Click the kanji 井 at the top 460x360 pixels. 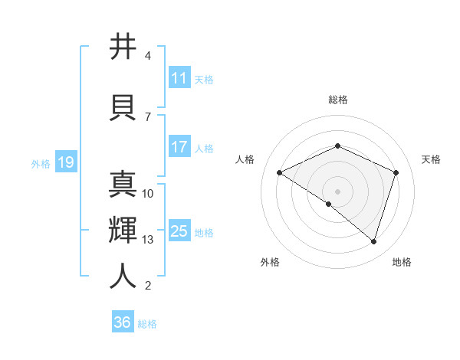click(123, 47)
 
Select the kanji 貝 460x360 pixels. click(123, 107)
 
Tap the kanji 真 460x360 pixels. click(123, 183)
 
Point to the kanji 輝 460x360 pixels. click(123, 230)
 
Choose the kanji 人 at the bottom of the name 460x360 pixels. click(123, 276)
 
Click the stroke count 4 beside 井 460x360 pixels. click(148, 56)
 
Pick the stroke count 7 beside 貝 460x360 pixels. click(148, 116)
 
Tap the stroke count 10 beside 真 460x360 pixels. click(148, 193)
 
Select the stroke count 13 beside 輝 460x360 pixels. click(148, 240)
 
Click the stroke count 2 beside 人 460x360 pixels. click(148, 286)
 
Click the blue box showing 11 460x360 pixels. click(179, 78)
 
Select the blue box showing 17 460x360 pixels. click(179, 147)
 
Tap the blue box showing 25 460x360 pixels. click(179, 231)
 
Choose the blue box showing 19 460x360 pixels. click(65, 162)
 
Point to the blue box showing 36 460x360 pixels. click(122, 322)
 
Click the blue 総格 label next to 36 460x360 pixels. click(147, 324)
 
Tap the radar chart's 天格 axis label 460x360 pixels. click(431, 159)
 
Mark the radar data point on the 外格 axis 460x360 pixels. click(329, 204)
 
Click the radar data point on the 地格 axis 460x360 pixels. click(373, 242)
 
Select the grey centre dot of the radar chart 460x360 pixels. click(337, 191)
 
